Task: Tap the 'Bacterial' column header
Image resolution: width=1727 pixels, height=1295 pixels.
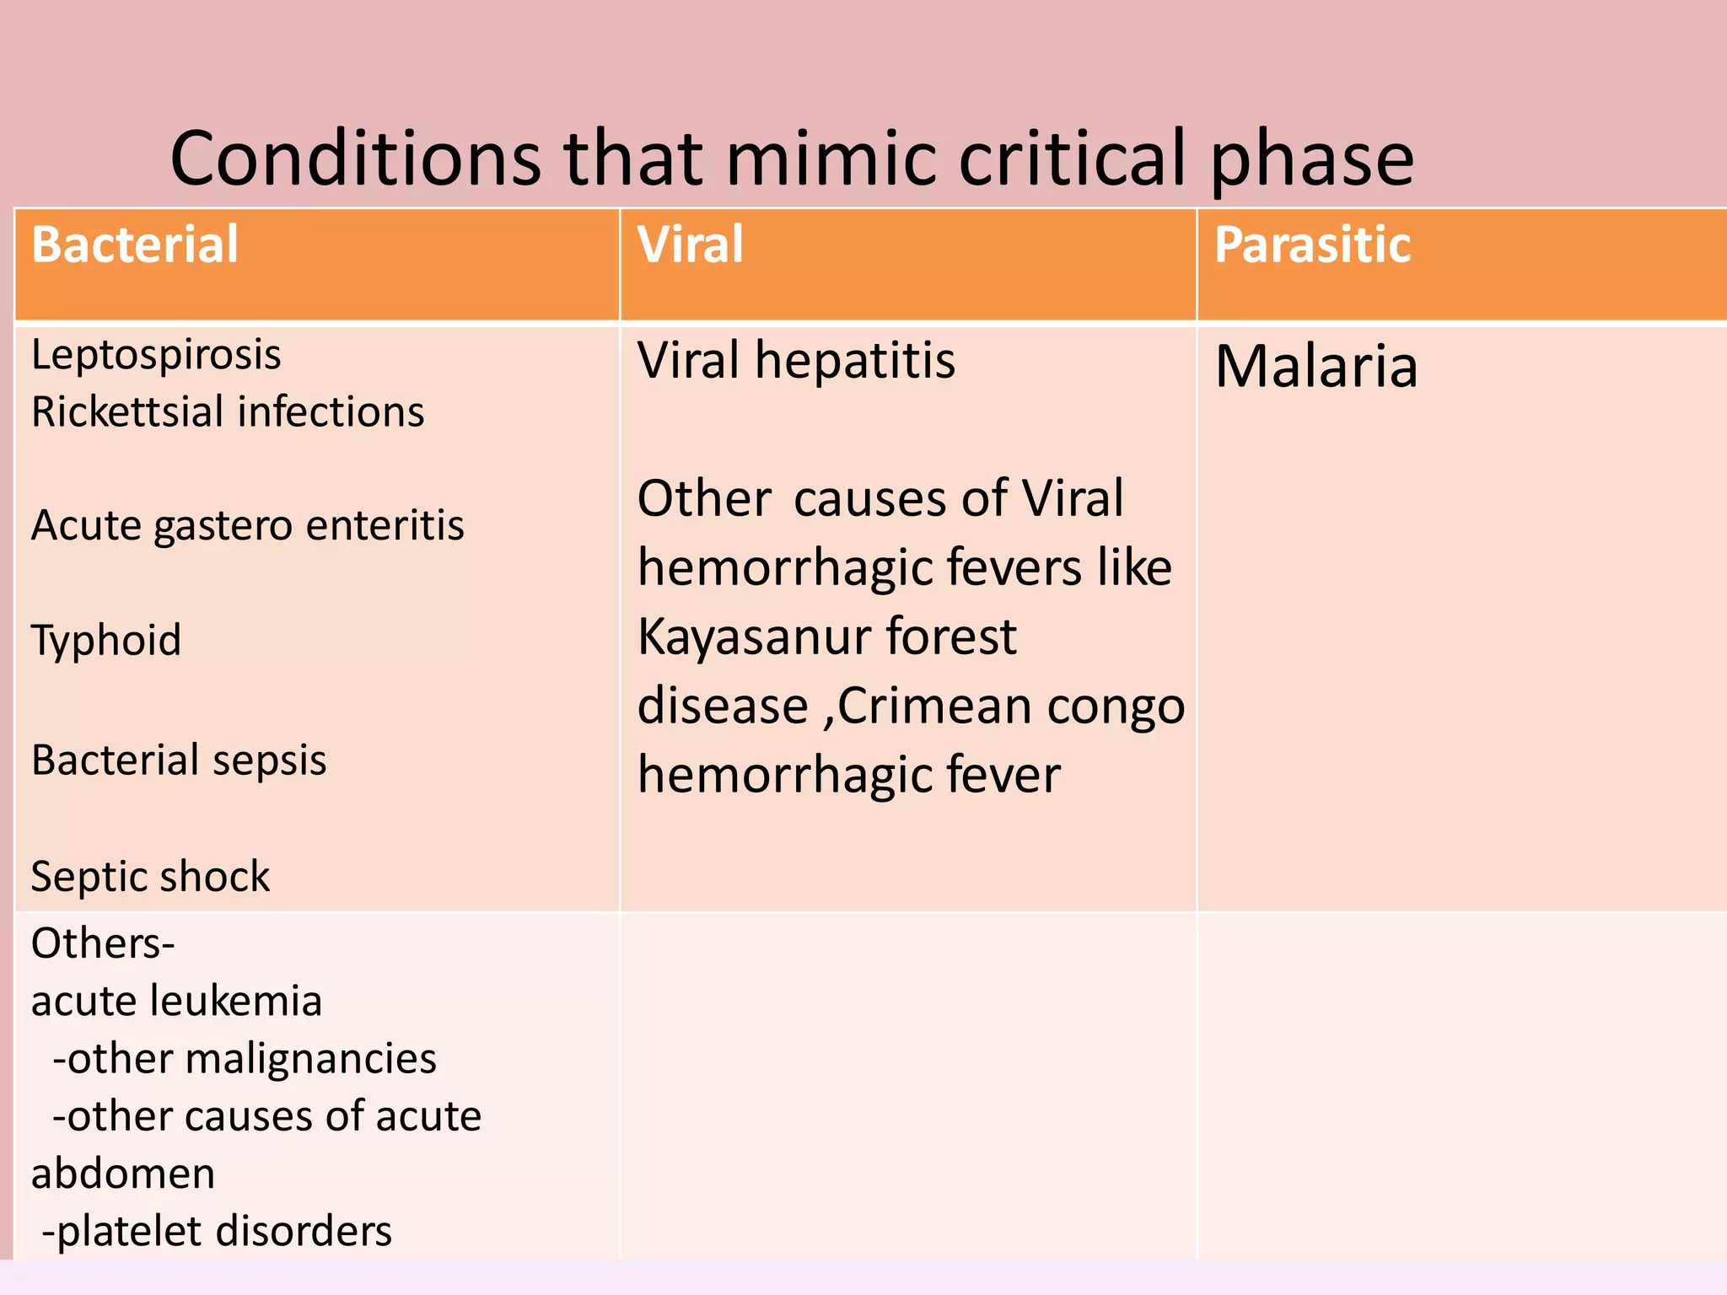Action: (x=135, y=245)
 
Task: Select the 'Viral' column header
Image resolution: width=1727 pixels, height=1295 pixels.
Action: (x=690, y=245)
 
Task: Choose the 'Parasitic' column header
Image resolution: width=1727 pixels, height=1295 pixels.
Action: (x=1312, y=245)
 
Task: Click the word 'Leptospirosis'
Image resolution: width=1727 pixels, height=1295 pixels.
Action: (x=156, y=355)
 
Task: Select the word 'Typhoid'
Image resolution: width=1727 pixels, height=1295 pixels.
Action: (x=106, y=640)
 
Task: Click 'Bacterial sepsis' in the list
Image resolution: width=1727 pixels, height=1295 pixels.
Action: (x=179, y=760)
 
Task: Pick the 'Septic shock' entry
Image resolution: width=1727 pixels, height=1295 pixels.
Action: (x=150, y=877)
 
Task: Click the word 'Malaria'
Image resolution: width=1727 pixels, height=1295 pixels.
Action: (x=1316, y=367)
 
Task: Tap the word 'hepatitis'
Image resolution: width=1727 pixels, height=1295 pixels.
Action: (x=855, y=361)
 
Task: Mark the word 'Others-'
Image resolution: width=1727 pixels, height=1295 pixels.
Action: (x=103, y=943)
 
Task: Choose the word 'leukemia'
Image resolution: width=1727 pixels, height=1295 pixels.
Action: (x=235, y=1002)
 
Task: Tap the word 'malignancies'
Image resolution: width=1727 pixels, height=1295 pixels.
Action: (x=310, y=1059)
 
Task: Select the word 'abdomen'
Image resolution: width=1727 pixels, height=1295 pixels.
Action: (x=123, y=1174)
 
